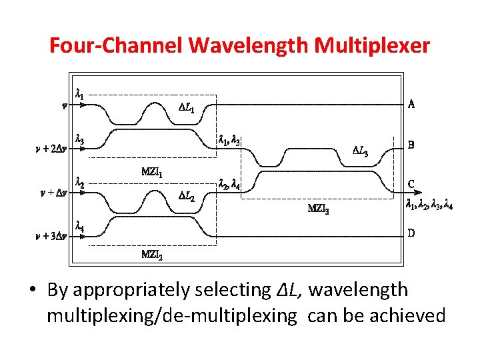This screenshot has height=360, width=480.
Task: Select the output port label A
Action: click(411, 104)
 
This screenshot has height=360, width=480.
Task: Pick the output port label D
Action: click(411, 233)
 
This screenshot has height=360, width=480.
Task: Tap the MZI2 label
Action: click(153, 253)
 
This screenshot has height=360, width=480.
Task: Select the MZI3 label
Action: click(318, 208)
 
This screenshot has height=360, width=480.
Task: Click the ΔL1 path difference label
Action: click(189, 107)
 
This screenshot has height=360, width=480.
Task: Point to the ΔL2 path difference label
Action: click(189, 196)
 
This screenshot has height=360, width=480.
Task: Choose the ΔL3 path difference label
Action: click(360, 150)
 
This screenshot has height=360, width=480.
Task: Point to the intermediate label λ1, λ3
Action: click(230, 140)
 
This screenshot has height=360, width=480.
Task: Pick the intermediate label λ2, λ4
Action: click(230, 185)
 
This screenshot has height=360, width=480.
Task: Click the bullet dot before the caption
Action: click(32, 291)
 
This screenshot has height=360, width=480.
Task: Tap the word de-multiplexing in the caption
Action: click(227, 315)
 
